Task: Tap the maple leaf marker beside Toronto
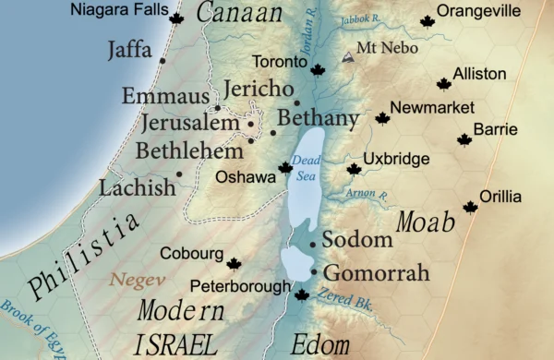coord(319,70)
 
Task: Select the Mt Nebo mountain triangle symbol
coord(347,57)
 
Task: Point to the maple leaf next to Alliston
coord(444,84)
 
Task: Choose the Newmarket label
coord(432,108)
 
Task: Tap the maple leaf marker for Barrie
coord(464,139)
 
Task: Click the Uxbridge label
coord(396,160)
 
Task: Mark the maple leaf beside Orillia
coord(470,207)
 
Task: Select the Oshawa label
coord(245,176)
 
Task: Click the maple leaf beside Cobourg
coord(234,264)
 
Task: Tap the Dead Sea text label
coord(306,167)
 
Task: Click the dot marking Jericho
coord(296,102)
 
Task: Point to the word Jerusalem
coord(190,124)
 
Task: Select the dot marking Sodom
coord(314,244)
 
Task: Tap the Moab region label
coord(426,222)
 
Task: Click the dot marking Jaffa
coord(163,61)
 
